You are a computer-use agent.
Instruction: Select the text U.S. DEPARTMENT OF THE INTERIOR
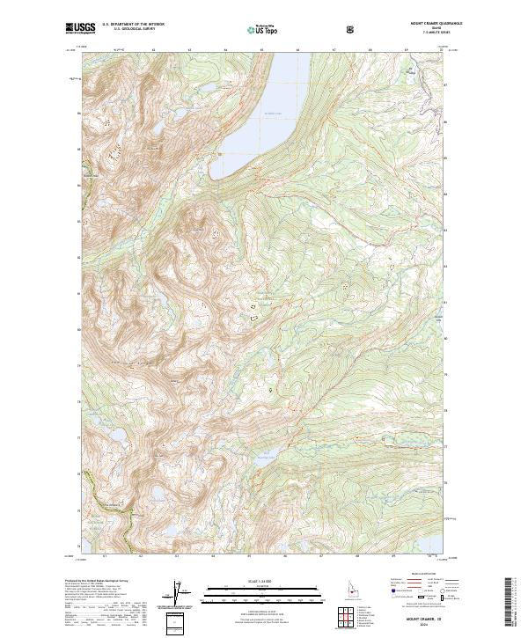[133, 26]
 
